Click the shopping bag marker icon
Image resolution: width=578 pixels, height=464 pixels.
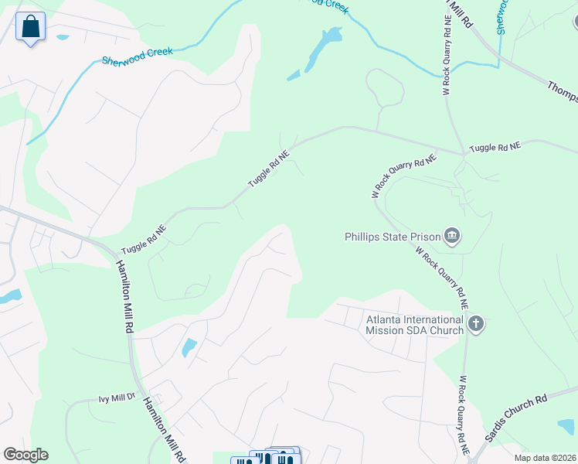pyautogui.click(x=30, y=27)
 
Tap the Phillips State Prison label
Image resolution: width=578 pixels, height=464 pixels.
pyautogui.click(x=392, y=237)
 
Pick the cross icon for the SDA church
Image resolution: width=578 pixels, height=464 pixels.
pyautogui.click(x=476, y=323)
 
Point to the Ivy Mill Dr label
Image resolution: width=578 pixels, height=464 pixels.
pyautogui.click(x=117, y=399)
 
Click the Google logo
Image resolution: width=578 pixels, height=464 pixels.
pyautogui.click(x=25, y=455)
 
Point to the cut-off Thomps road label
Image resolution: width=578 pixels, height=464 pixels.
pyautogui.click(x=563, y=91)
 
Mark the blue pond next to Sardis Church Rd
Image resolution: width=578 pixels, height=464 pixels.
pyautogui.click(x=566, y=426)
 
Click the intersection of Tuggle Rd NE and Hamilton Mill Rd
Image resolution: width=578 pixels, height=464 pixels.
pyautogui.click(x=117, y=249)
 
